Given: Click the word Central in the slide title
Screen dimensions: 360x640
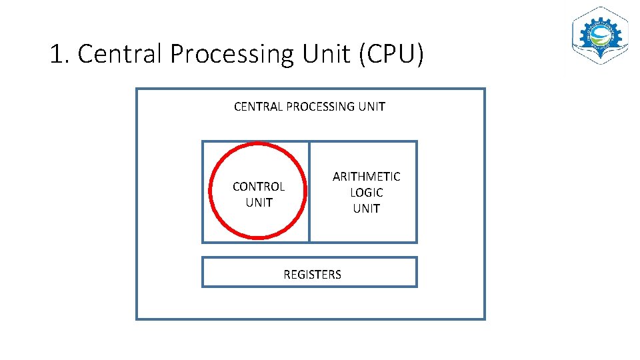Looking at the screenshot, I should [x=120, y=54].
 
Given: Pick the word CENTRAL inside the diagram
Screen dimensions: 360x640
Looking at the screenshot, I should [x=258, y=107].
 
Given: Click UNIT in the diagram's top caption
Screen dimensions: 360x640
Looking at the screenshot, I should [x=372, y=107].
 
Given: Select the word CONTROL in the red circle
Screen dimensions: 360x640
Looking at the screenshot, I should [x=259, y=187].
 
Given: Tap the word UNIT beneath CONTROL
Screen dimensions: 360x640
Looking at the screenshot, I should [x=259, y=203].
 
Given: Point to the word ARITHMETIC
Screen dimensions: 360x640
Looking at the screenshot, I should [x=367, y=177].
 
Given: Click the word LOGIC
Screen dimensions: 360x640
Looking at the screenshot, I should [x=367, y=193].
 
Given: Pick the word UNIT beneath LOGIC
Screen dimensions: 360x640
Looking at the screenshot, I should [x=367, y=209].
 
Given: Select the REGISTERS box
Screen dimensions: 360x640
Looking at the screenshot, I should [x=310, y=273].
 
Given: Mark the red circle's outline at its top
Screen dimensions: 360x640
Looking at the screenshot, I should [x=258, y=145].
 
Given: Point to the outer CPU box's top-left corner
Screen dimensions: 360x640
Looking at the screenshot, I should [x=137, y=89].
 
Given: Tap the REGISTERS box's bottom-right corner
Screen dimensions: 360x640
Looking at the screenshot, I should [x=416, y=286].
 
